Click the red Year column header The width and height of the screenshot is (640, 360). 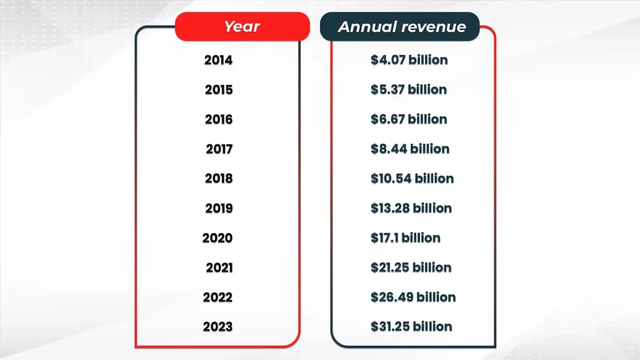(242, 27)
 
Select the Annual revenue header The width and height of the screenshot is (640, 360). (401, 27)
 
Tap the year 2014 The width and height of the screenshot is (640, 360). (218, 61)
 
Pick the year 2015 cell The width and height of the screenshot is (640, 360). (218, 90)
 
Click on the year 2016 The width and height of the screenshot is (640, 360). (218, 119)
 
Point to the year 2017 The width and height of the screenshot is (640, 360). (219, 149)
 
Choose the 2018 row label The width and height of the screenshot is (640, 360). (218, 179)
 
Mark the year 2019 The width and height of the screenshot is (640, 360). (218, 208)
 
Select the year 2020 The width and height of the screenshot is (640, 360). (217, 238)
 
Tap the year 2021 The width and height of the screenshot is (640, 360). (219, 267)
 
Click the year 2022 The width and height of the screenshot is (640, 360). (217, 297)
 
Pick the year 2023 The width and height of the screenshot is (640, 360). (217, 327)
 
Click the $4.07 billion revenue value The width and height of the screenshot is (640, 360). (409, 61)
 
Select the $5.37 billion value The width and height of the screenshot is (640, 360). (408, 90)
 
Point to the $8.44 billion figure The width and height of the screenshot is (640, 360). (409, 149)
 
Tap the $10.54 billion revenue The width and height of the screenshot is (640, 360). (412, 179)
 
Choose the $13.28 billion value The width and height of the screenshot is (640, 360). (411, 208)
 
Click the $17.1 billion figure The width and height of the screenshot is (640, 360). (405, 238)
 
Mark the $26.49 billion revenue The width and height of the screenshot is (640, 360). (412, 297)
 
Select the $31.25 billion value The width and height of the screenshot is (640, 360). (411, 327)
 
